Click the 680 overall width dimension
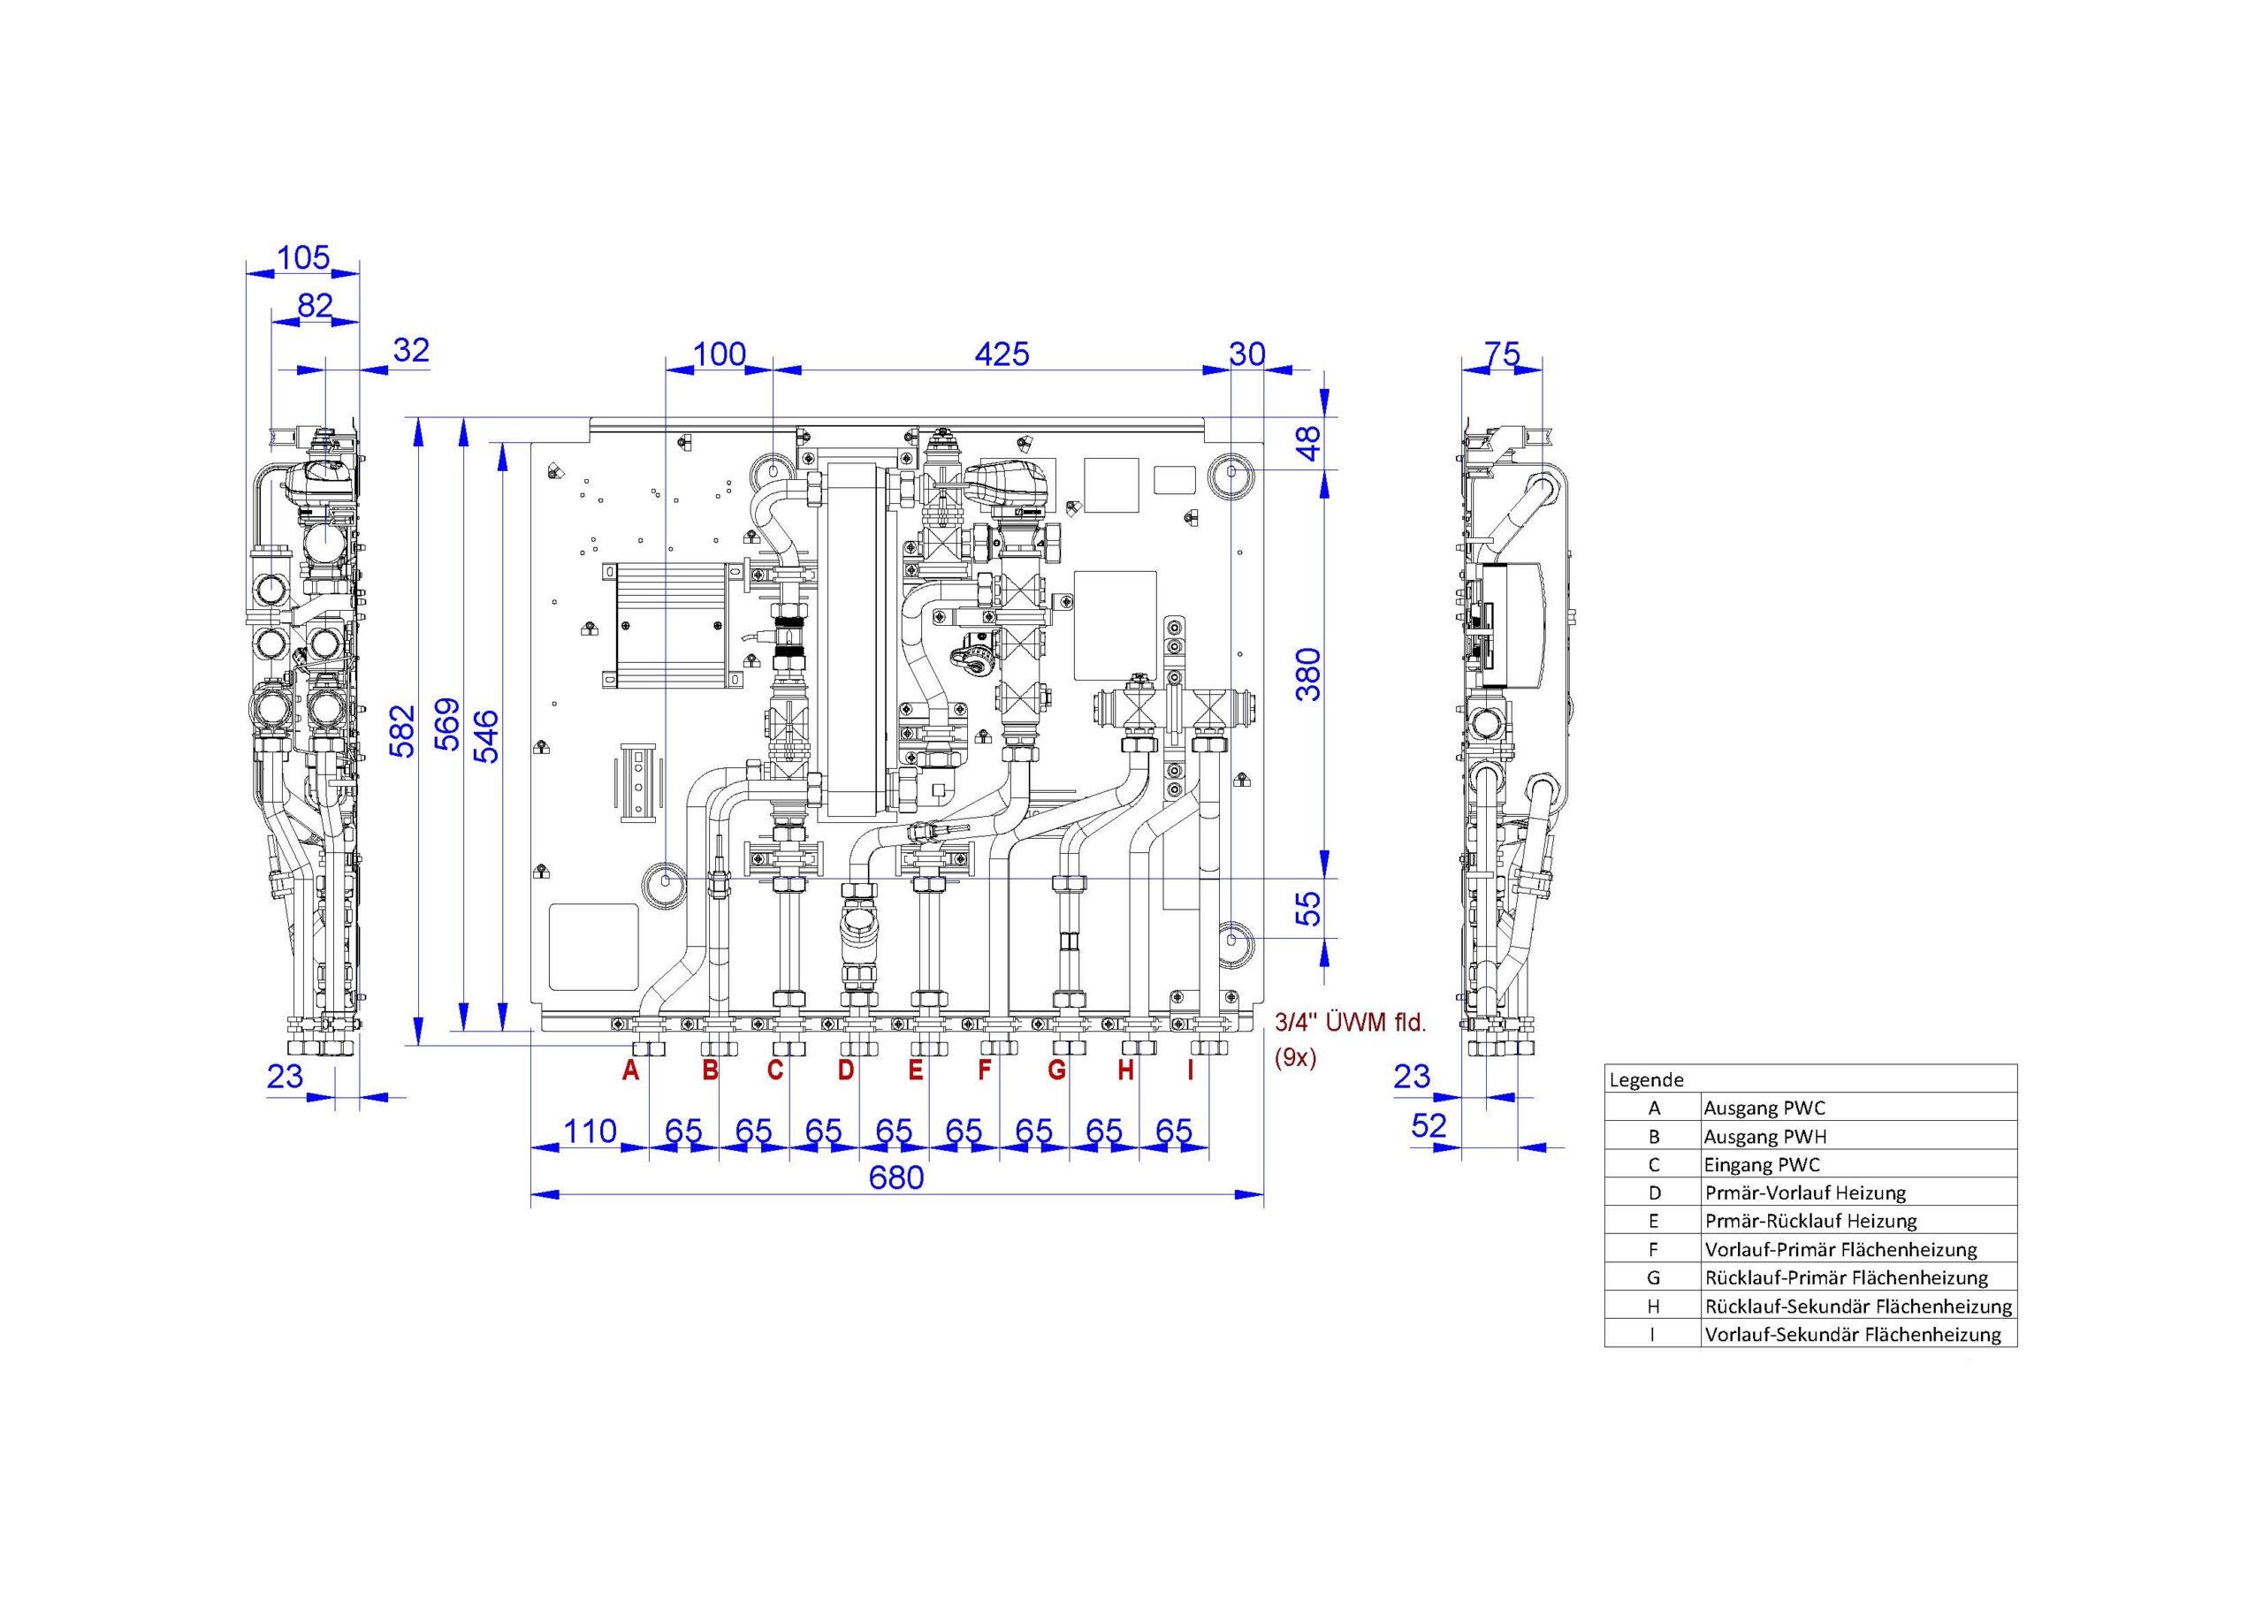(896, 1177)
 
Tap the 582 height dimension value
(401, 730)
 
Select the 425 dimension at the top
(1002, 354)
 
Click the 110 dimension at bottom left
(590, 1131)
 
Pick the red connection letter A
(631, 1070)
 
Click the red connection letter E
(916, 1070)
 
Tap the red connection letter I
(1191, 1070)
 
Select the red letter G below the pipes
(1056, 1070)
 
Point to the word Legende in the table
(1646, 1079)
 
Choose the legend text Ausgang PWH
(1765, 1137)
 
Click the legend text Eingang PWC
(1763, 1165)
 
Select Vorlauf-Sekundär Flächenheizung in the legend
(1853, 1335)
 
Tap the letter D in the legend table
(1655, 1192)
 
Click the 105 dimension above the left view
(302, 257)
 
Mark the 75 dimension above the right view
(1502, 354)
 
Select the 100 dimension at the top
(720, 354)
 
